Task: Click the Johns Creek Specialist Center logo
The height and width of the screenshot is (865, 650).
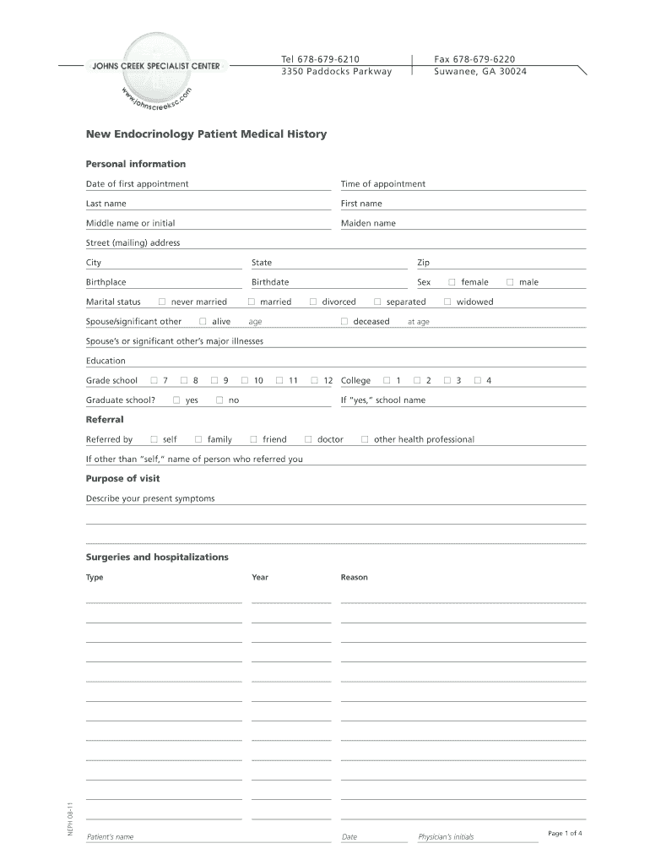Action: tap(155, 68)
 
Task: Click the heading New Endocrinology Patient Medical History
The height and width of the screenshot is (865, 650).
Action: tap(206, 134)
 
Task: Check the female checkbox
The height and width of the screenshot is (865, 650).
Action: tap(452, 282)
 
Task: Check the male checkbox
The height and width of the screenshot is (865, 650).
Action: tap(510, 282)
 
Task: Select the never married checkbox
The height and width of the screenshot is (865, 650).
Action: tap(162, 302)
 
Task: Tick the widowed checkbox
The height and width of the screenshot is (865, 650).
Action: tap(447, 302)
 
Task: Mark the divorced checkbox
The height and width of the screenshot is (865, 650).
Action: tap(312, 302)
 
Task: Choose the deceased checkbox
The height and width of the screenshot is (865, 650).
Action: tap(344, 322)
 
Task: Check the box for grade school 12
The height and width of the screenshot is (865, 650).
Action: tap(315, 381)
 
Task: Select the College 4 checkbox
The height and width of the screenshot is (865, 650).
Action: tap(478, 381)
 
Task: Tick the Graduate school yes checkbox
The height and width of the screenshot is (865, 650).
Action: tap(176, 400)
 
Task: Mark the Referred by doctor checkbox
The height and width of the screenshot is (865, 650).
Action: tap(308, 439)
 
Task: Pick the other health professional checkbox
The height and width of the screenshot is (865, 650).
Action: tap(365, 439)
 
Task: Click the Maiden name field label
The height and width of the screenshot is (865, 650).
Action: tap(368, 224)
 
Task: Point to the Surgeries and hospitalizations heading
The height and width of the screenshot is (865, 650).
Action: tap(157, 558)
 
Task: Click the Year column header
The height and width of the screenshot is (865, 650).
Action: tap(260, 578)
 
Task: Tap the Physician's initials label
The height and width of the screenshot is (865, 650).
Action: tap(446, 837)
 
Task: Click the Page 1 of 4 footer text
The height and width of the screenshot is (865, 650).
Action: tap(565, 834)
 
